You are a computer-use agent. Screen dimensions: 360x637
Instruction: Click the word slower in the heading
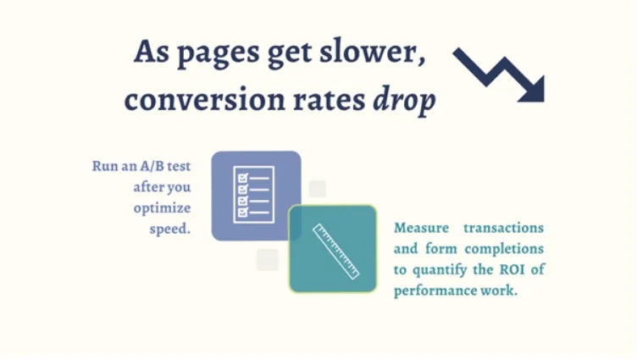(372, 53)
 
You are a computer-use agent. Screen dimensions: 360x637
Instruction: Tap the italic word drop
(404, 101)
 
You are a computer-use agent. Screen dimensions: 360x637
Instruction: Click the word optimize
(162, 208)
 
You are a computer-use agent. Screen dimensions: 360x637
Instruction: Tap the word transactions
(504, 229)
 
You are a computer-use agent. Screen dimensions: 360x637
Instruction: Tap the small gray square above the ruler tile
(318, 188)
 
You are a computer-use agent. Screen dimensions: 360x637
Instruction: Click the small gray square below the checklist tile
(267, 259)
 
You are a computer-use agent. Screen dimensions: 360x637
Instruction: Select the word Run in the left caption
(104, 166)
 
